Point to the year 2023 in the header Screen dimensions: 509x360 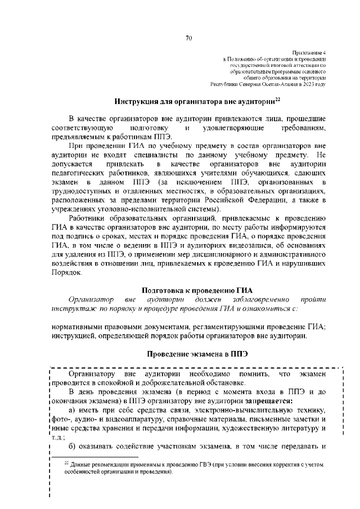tap(309, 84)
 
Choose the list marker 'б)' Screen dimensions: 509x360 tap(71, 447)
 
